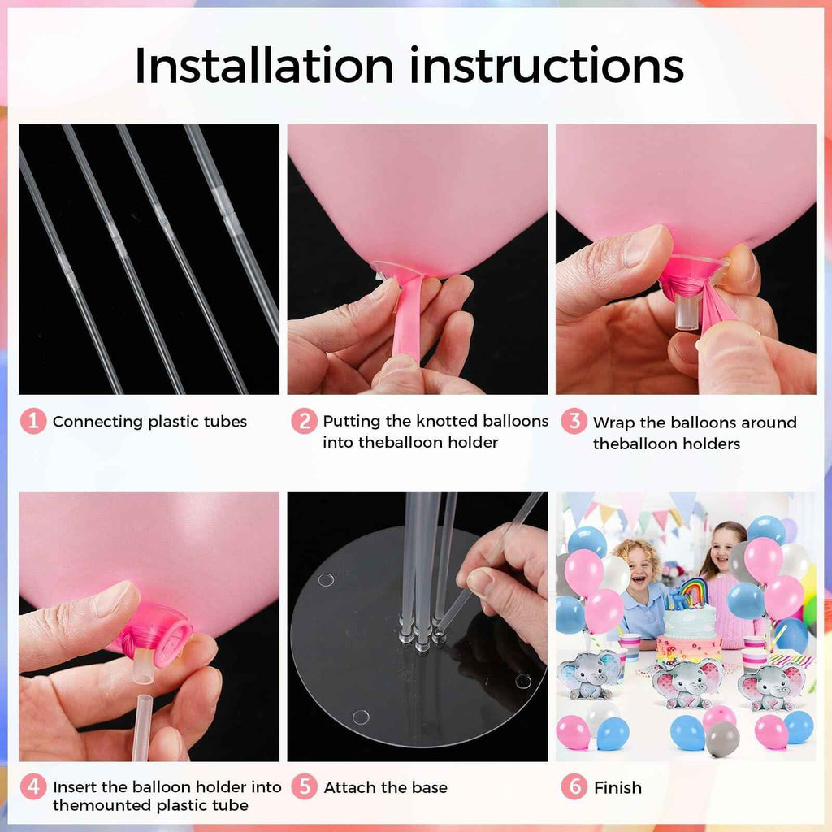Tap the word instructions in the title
(x=546, y=66)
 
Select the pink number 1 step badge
(x=32, y=421)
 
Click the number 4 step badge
(x=32, y=786)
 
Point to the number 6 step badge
(x=574, y=786)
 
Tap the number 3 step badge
(x=574, y=422)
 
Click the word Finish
(x=617, y=787)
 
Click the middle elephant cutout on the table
(x=687, y=682)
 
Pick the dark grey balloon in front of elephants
(x=722, y=739)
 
